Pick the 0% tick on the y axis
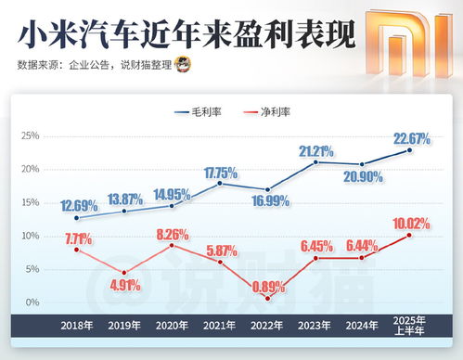(32, 302)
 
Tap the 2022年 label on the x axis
(268, 327)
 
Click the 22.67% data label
(410, 139)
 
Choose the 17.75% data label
(221, 173)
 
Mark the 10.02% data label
(410, 224)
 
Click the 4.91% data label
(123, 286)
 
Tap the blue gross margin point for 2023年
(315, 162)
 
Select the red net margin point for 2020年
(173, 245)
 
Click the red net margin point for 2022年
(268, 298)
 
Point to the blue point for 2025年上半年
(410, 150)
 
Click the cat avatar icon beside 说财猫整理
(186, 65)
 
